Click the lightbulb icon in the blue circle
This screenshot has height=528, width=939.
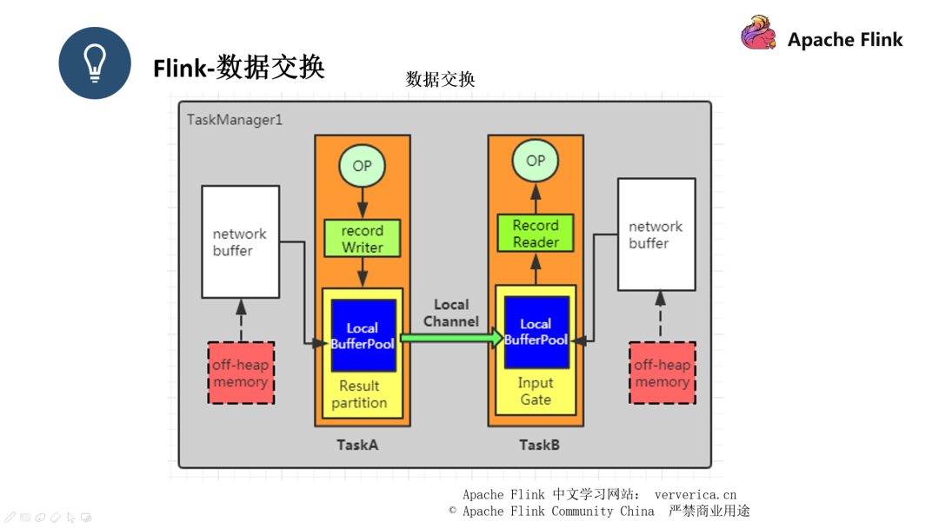(x=95, y=63)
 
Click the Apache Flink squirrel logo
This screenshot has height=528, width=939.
(x=758, y=34)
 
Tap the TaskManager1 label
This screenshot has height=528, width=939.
(x=235, y=119)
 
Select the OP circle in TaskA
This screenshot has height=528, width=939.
(x=362, y=166)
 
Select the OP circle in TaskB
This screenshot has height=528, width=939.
(x=536, y=161)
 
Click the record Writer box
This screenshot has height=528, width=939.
(x=362, y=239)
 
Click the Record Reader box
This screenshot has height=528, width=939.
(x=536, y=234)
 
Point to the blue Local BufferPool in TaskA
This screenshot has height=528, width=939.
(x=363, y=336)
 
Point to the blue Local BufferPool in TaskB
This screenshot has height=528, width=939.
(x=536, y=332)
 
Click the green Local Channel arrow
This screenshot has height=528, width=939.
(x=451, y=337)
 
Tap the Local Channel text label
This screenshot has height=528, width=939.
(x=451, y=313)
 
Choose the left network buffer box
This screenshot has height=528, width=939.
(x=241, y=242)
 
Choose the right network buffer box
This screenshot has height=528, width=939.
(x=656, y=234)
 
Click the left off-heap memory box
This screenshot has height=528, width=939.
(x=241, y=373)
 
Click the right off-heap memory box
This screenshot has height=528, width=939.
(x=662, y=373)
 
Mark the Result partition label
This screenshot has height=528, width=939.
(x=359, y=394)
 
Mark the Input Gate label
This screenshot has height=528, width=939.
(x=536, y=391)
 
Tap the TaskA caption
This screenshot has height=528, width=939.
(x=357, y=445)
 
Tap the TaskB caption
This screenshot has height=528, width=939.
(x=539, y=445)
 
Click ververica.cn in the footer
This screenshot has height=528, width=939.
(x=695, y=494)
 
